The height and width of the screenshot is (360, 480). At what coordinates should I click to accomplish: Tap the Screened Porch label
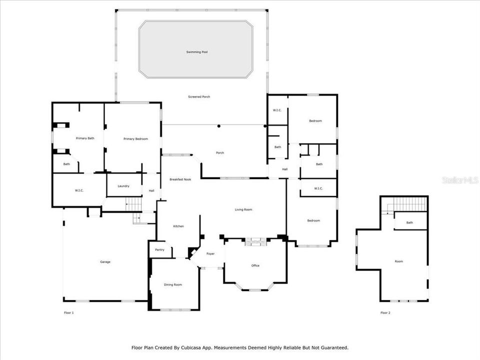198,96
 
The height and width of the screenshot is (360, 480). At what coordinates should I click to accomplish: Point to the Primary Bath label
85,138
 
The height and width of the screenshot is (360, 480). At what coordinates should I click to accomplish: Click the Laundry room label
123,186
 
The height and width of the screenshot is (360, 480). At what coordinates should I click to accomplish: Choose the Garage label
105,261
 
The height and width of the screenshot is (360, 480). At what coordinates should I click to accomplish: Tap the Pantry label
159,249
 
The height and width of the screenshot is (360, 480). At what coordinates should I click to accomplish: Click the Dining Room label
173,284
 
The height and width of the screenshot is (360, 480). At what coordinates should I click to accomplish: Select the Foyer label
210,253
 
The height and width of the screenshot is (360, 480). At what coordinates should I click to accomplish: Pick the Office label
255,265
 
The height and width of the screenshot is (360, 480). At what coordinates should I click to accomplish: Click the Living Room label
243,209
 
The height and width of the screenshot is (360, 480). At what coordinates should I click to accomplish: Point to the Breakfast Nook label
180,179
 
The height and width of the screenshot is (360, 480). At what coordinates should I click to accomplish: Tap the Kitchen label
178,226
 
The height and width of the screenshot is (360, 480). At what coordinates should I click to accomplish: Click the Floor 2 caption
385,312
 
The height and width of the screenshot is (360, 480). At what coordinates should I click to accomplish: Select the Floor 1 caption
69,312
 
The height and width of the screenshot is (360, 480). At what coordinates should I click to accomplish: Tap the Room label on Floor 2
398,261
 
